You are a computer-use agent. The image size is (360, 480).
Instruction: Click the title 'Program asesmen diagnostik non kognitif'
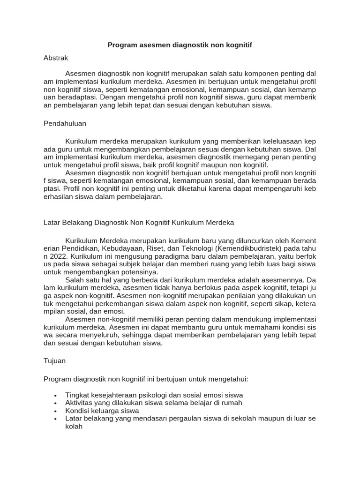tap(180, 45)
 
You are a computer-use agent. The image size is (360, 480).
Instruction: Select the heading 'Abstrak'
tap(56, 58)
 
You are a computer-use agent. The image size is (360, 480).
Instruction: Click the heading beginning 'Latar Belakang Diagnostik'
tap(138, 222)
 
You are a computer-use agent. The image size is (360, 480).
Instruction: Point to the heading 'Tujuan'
tap(54, 361)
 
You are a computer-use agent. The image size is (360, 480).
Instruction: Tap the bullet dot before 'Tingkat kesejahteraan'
tap(56, 395)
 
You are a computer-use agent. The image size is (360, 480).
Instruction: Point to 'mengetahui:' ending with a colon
tap(230, 378)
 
